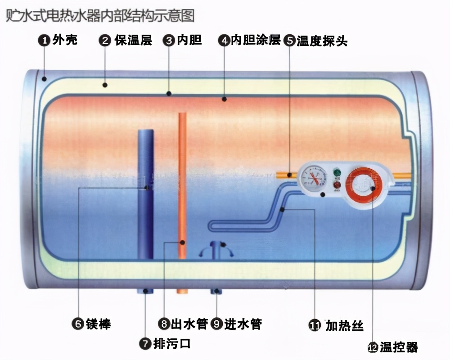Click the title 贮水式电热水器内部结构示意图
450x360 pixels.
tap(99, 16)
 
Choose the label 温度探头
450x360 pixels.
tap(322, 41)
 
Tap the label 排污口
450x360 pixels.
tap(172, 344)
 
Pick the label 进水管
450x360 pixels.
tap(243, 324)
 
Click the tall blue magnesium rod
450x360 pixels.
tap(145, 193)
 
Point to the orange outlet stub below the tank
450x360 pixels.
tap(182, 291)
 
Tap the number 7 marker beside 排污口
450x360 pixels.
tap(145, 344)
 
